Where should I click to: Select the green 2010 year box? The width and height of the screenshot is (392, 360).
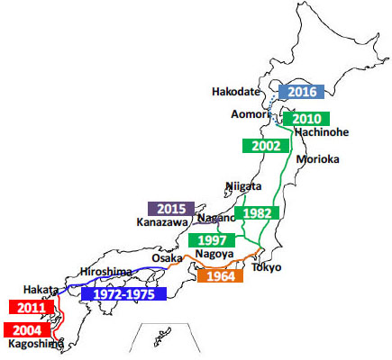[x=306, y=118]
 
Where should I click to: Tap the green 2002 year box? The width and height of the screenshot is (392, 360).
[x=266, y=145]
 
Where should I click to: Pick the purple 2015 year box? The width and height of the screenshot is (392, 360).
[x=170, y=208]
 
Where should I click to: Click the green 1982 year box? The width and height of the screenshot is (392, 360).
[x=257, y=213]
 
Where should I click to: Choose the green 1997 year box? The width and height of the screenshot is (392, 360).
[x=212, y=240]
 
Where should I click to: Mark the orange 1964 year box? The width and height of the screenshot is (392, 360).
[x=219, y=276]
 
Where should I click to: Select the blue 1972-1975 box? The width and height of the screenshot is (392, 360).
[x=123, y=293]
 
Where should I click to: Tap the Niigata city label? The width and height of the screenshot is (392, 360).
[x=242, y=186]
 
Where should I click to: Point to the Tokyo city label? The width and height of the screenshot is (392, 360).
[x=266, y=267]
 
